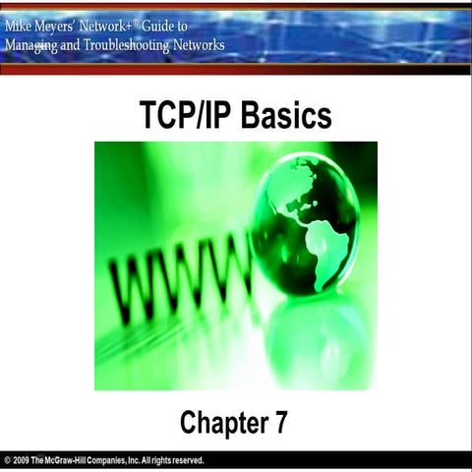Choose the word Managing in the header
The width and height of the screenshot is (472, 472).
tap(30, 44)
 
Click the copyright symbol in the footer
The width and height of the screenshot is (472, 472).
tap(8, 460)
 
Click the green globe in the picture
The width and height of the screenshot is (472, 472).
tap(305, 222)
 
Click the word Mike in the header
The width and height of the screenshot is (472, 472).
tap(21, 26)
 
